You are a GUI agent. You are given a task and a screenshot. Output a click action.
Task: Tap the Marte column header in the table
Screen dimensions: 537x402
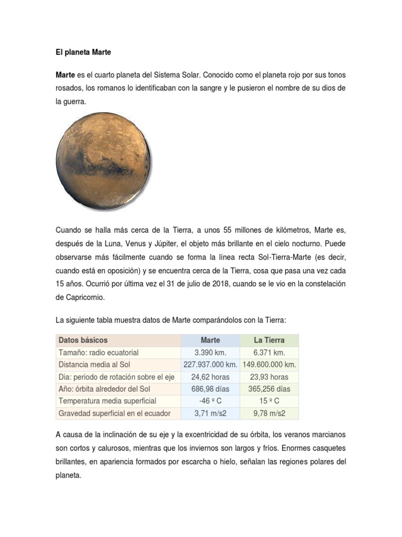click(x=210, y=340)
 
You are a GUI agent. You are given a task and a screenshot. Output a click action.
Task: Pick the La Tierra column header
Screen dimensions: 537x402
click(x=269, y=340)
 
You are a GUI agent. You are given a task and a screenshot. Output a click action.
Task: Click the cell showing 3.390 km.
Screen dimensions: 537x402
click(x=210, y=352)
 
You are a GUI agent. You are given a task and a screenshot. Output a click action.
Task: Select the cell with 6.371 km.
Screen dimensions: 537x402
click(x=269, y=352)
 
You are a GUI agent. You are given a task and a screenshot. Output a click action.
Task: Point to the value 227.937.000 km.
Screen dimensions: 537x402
click(x=210, y=364)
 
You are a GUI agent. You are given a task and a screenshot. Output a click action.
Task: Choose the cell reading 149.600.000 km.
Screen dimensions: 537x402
click(x=270, y=364)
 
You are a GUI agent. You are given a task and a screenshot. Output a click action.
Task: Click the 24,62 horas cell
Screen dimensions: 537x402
click(x=210, y=377)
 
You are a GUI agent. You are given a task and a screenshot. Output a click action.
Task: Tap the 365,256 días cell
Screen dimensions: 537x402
click(x=269, y=389)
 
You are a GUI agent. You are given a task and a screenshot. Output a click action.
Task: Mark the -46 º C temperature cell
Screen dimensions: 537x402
click(x=210, y=401)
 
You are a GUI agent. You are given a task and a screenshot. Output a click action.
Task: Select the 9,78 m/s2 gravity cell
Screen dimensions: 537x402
click(x=269, y=413)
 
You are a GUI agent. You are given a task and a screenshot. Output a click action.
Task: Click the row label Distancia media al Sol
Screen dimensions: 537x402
click(x=94, y=364)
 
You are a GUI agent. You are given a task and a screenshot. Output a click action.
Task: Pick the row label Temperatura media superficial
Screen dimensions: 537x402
click(x=107, y=401)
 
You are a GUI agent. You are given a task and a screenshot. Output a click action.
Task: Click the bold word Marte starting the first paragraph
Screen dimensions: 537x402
click(x=65, y=75)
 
